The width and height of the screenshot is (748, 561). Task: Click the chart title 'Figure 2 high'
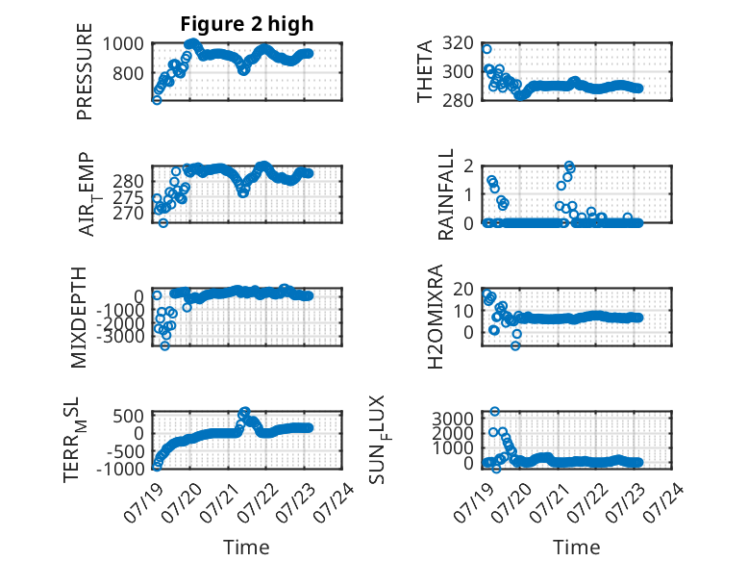pyautogui.click(x=247, y=24)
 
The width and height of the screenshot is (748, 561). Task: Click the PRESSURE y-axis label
pyautogui.click(x=84, y=71)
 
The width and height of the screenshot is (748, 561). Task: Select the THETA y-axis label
pyautogui.click(x=424, y=71)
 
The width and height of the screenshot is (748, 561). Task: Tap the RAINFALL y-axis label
pyautogui.click(x=444, y=194)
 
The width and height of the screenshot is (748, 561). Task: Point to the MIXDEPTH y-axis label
pyautogui.click(x=78, y=318)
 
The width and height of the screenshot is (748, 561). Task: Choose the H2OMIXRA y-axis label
pyautogui.click(x=436, y=317)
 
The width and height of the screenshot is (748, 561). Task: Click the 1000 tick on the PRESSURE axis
pyautogui.click(x=123, y=44)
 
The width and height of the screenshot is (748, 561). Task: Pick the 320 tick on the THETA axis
pyautogui.click(x=458, y=43)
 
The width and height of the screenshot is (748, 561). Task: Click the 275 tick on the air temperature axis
pyautogui.click(x=128, y=197)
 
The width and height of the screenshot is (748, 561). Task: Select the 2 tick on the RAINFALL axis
pyautogui.click(x=468, y=166)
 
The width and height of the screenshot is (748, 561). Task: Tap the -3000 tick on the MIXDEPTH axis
pyautogui.click(x=120, y=336)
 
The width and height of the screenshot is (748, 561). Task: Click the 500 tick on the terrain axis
pyautogui.click(x=128, y=416)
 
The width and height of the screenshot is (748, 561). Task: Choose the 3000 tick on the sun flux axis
pyautogui.click(x=453, y=419)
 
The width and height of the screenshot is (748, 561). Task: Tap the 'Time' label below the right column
pyautogui.click(x=576, y=548)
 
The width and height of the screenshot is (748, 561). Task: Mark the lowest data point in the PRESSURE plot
pyautogui.click(x=157, y=100)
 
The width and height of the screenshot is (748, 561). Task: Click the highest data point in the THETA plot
pyautogui.click(x=486, y=49)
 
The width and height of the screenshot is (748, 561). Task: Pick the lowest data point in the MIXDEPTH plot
pyautogui.click(x=164, y=345)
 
